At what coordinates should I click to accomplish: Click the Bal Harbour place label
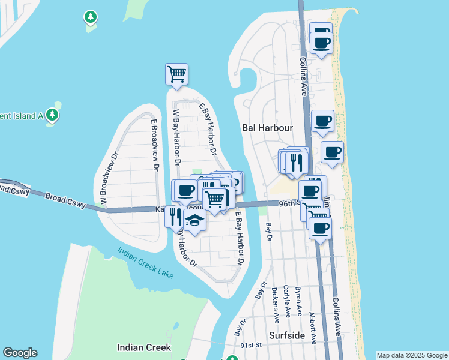[267, 128]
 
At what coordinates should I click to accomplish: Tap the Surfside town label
[286, 336]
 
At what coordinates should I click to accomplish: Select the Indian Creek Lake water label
[145, 263]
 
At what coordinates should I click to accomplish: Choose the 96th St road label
[289, 203]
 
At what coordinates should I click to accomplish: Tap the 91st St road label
[252, 345]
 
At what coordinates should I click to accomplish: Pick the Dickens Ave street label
[275, 304]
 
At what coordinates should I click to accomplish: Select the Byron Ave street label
[298, 302]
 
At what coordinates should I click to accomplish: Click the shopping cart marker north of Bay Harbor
[176, 74]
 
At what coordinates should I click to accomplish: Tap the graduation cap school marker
[194, 221]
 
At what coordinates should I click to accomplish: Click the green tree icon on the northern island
[91, 17]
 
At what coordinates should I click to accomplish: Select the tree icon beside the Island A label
[52, 114]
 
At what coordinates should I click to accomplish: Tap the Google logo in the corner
[19, 353]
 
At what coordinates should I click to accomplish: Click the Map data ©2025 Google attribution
[412, 355]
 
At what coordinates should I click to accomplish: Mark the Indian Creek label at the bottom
[144, 347]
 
